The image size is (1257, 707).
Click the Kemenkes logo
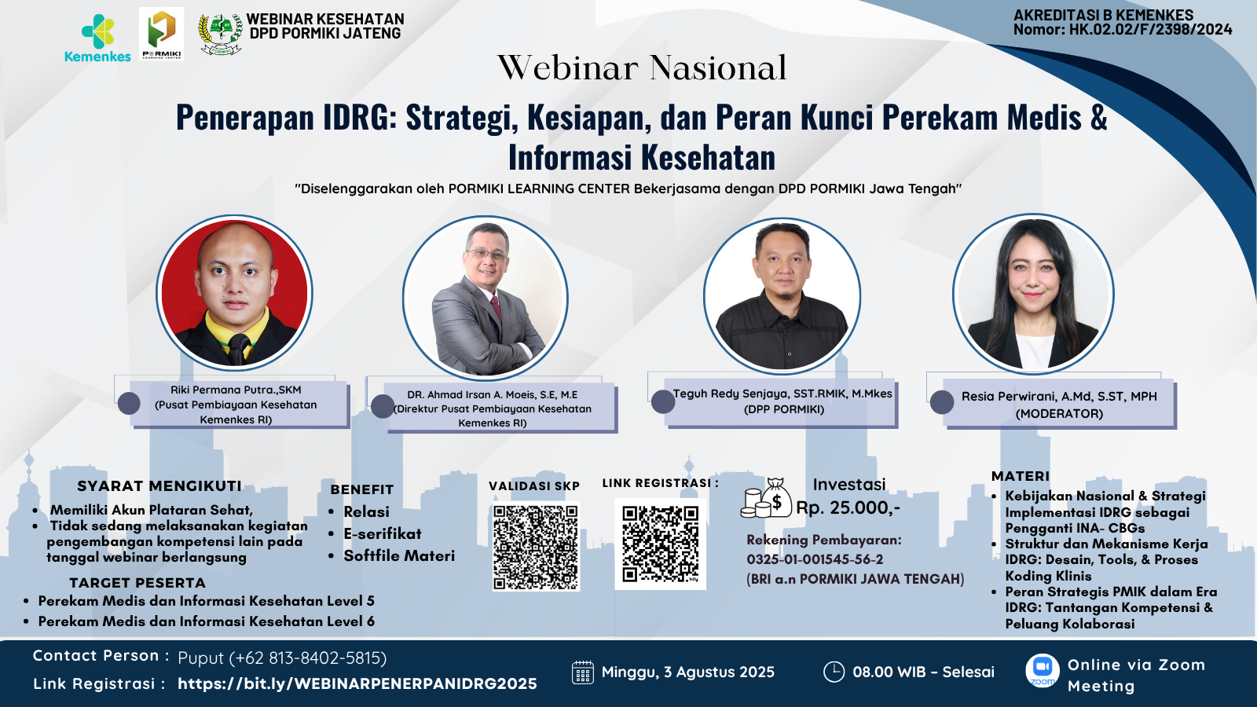tap(97, 38)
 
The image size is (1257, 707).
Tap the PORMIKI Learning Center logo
tap(161, 34)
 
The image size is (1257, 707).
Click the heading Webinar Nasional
tap(642, 68)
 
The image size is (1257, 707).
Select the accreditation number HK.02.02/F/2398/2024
tap(1150, 30)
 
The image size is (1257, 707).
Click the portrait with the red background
tap(234, 292)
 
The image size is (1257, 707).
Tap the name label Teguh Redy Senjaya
tap(782, 394)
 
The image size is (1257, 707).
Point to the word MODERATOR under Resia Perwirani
tap(1059, 413)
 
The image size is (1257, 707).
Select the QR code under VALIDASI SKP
tap(536, 548)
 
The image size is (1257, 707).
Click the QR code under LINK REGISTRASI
tap(660, 544)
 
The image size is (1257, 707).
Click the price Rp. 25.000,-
tap(848, 507)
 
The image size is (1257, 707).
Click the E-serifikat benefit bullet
tap(382, 533)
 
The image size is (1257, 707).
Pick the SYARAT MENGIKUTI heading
tap(159, 486)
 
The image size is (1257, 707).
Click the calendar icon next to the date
tap(582, 672)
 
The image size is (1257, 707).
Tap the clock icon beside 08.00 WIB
tap(833, 672)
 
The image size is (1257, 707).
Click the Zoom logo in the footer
tap(1042, 670)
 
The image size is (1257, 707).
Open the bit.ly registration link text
tap(357, 683)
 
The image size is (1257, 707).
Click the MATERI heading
tap(1020, 476)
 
